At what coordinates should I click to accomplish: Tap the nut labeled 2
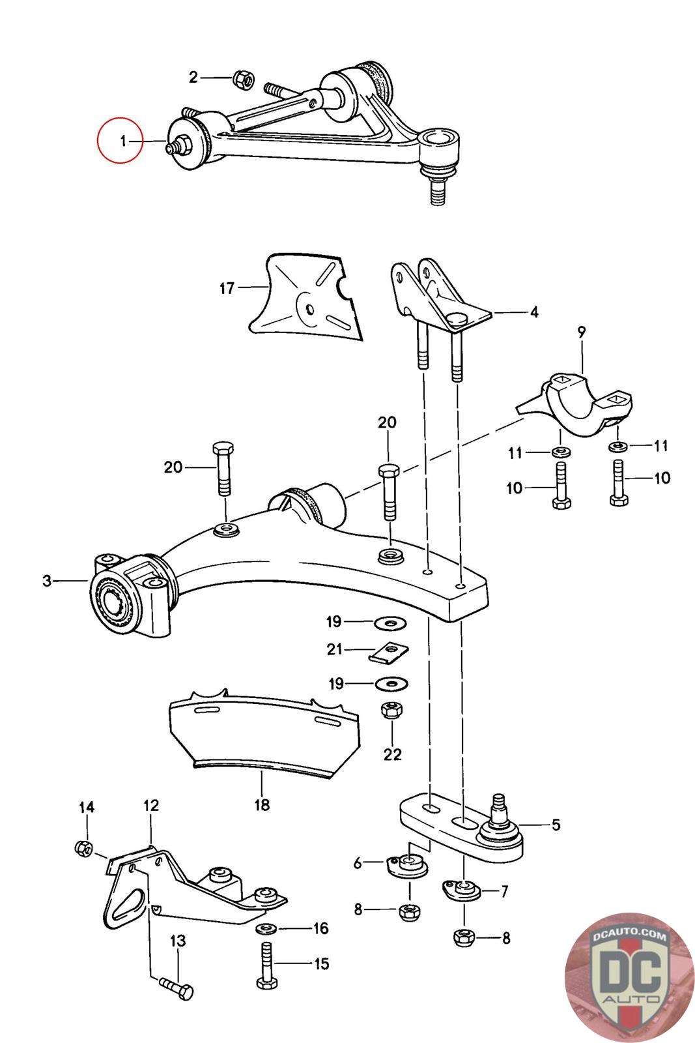240,80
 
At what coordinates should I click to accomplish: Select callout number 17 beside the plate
227,287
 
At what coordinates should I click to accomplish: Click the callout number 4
534,312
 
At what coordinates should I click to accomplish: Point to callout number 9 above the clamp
581,332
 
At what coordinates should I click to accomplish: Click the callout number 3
47,580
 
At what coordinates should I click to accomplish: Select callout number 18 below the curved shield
262,805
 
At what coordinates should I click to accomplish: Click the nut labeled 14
83,847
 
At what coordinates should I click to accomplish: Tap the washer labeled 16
268,928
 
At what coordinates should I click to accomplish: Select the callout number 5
556,825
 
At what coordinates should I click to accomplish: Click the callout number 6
358,863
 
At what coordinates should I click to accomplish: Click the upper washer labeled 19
390,623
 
